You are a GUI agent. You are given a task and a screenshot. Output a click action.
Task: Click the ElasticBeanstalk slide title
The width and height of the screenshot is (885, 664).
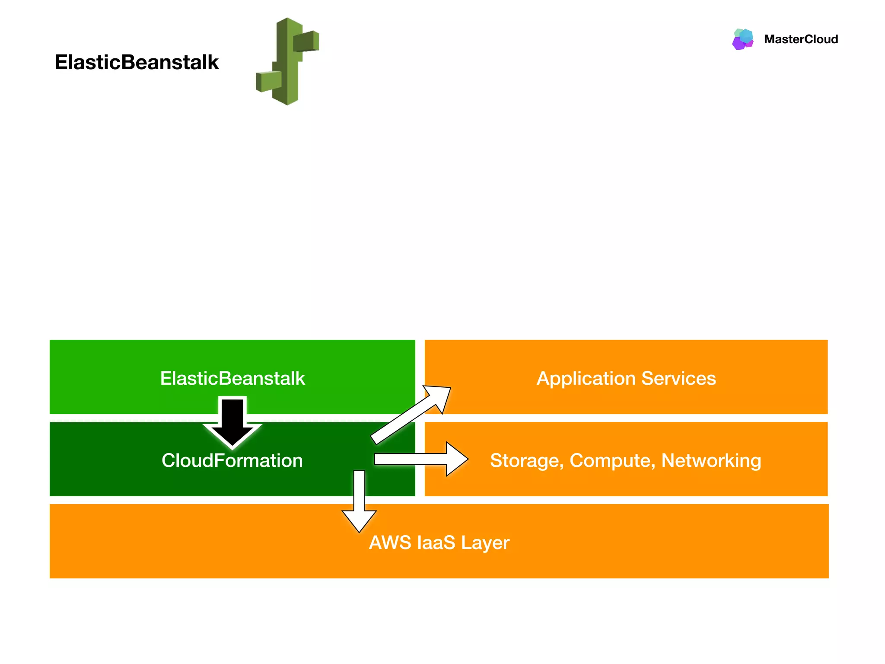137,62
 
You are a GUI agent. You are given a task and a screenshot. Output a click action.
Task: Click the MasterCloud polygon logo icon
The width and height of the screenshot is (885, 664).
743,39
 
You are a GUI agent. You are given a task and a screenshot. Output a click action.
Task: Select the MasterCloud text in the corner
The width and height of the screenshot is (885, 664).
801,39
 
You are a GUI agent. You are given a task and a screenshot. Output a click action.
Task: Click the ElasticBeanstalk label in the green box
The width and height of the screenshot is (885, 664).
232,378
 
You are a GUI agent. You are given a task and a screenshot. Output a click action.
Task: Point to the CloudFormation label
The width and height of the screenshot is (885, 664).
232,460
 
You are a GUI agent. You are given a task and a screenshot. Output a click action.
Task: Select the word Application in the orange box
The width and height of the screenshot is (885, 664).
586,379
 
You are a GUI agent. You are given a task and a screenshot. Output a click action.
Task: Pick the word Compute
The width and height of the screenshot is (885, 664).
612,461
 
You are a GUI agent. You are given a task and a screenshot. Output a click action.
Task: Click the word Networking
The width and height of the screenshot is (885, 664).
711,460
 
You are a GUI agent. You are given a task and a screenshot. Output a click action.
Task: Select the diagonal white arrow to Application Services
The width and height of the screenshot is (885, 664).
411,415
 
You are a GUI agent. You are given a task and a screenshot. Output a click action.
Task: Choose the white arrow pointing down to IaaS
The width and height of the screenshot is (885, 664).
359,501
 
